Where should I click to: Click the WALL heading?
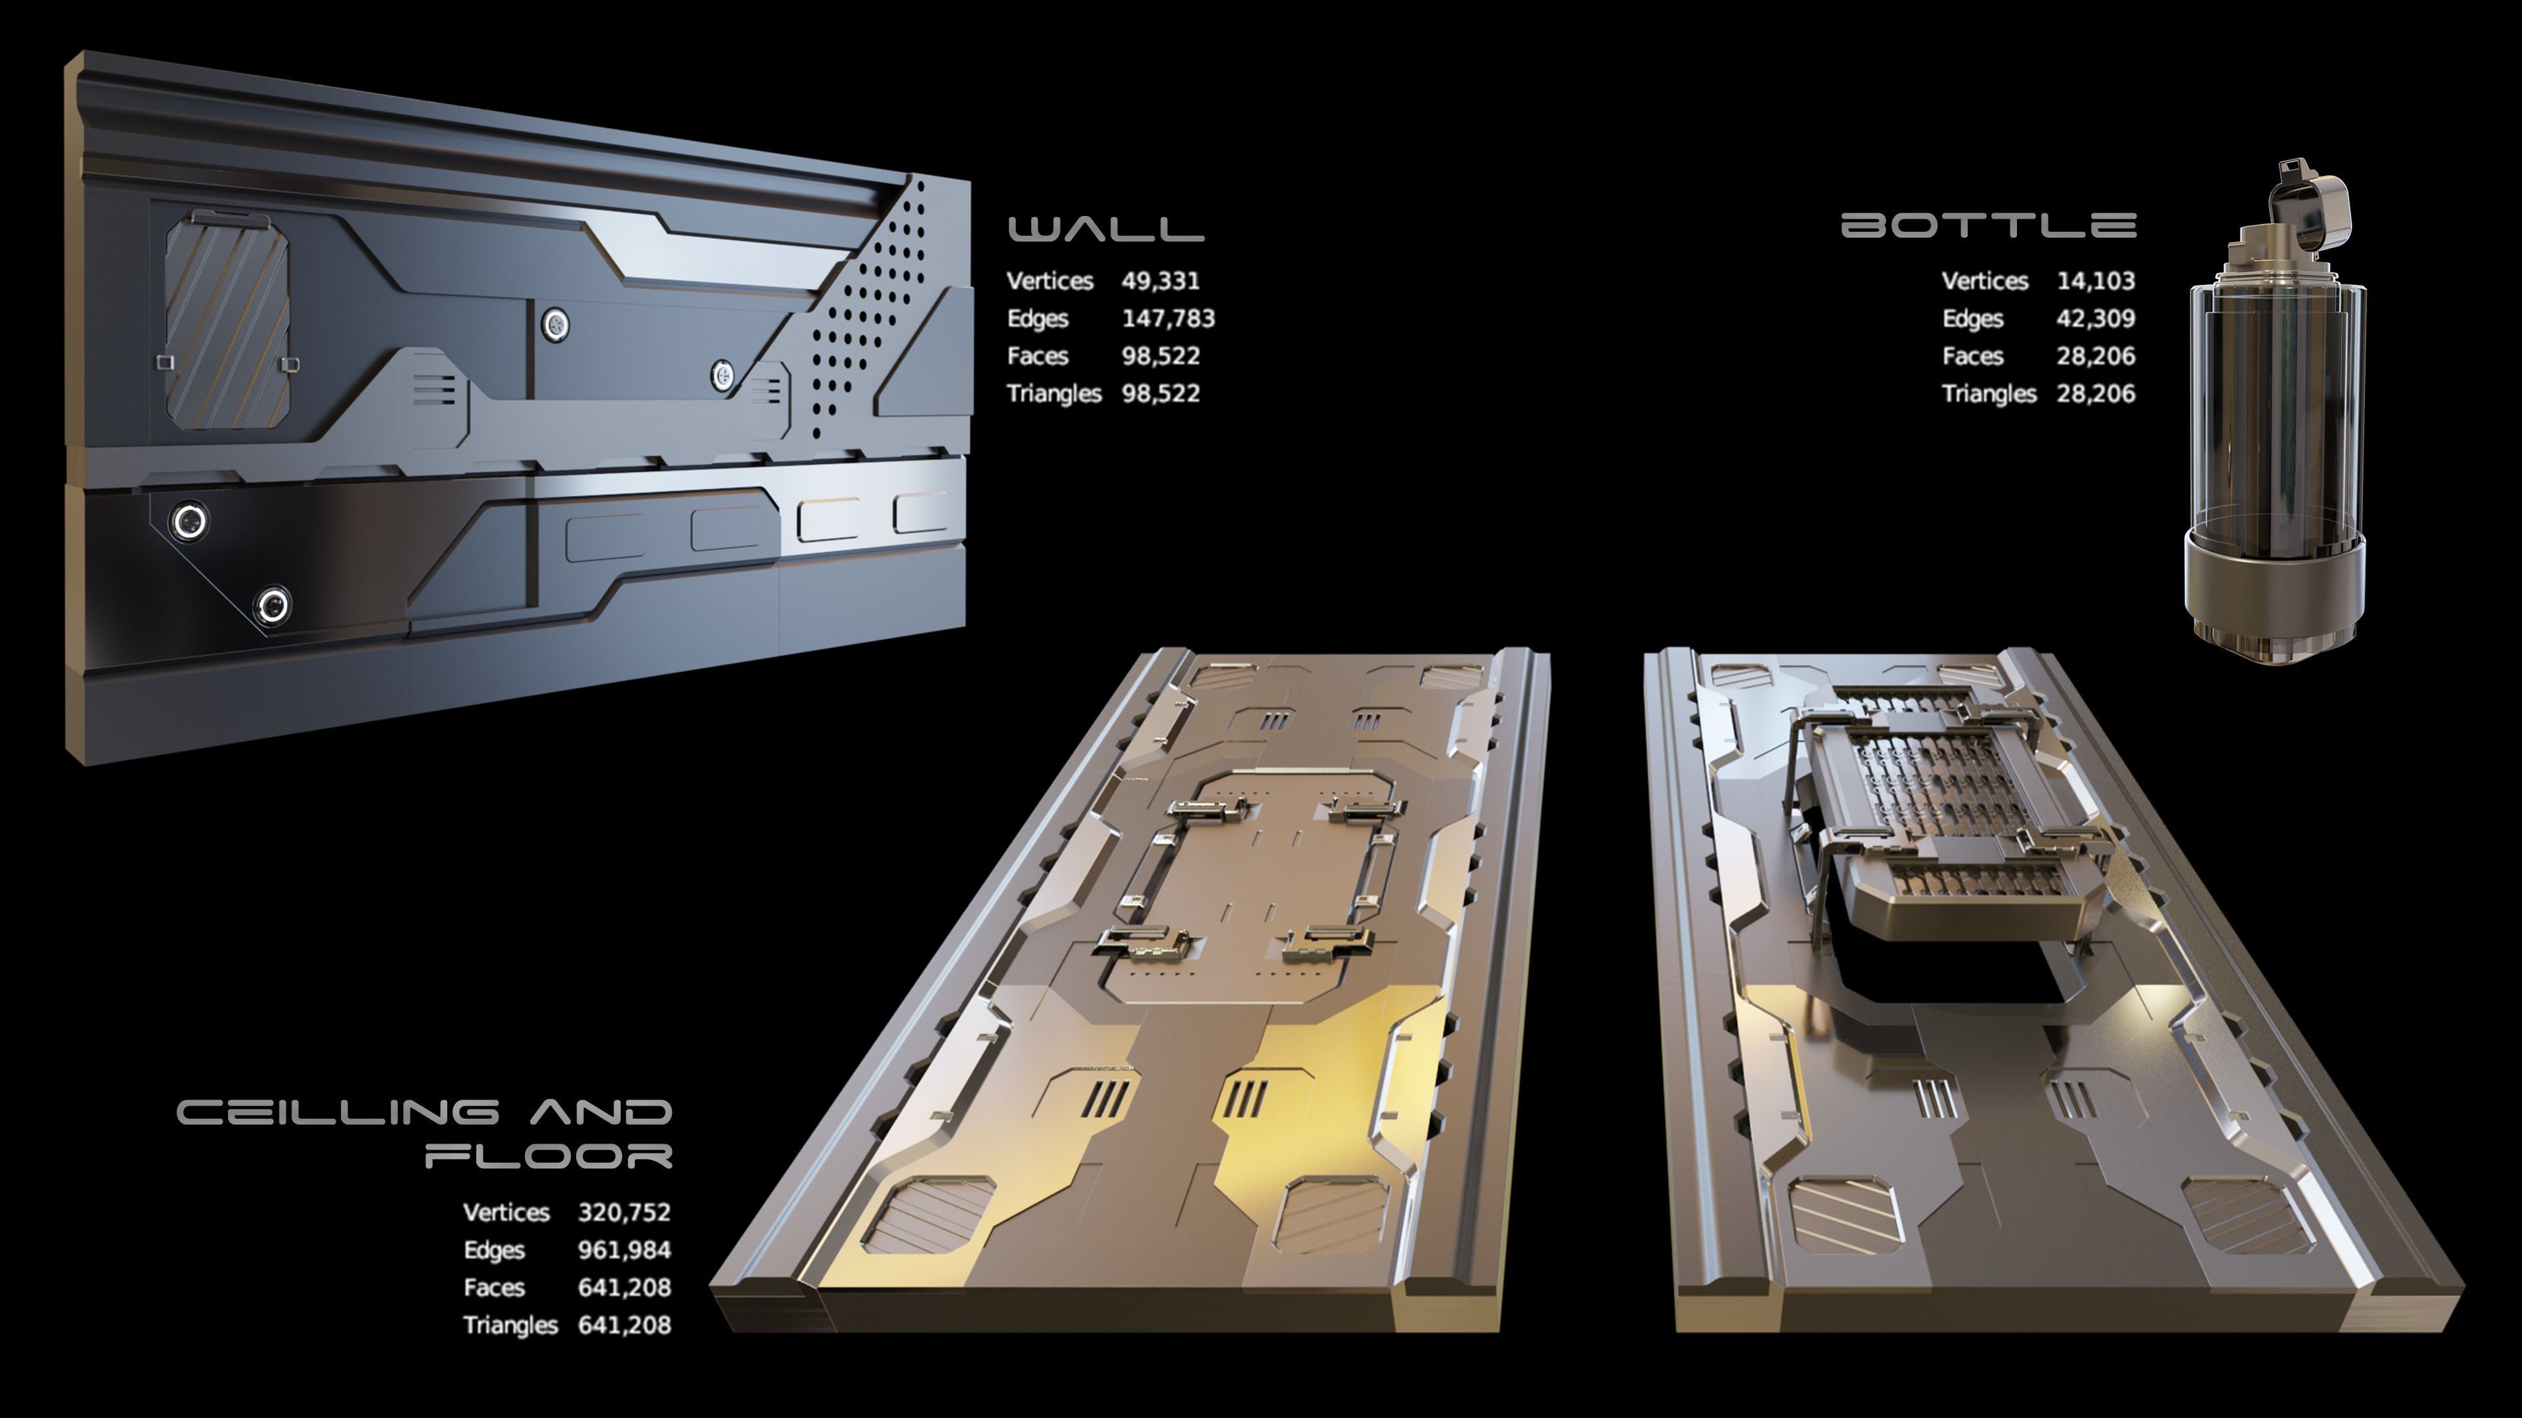coord(1105,228)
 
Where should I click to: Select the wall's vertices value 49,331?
coord(1160,281)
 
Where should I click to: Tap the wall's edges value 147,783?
coord(1168,318)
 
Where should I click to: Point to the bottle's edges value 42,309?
coord(2095,318)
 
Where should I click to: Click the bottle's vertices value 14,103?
coord(2095,281)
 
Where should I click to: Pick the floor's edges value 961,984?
coord(624,1250)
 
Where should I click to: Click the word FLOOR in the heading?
coord(549,1155)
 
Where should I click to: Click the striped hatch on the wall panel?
coord(227,323)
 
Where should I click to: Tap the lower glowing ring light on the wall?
coord(272,605)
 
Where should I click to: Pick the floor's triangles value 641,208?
coord(624,1325)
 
